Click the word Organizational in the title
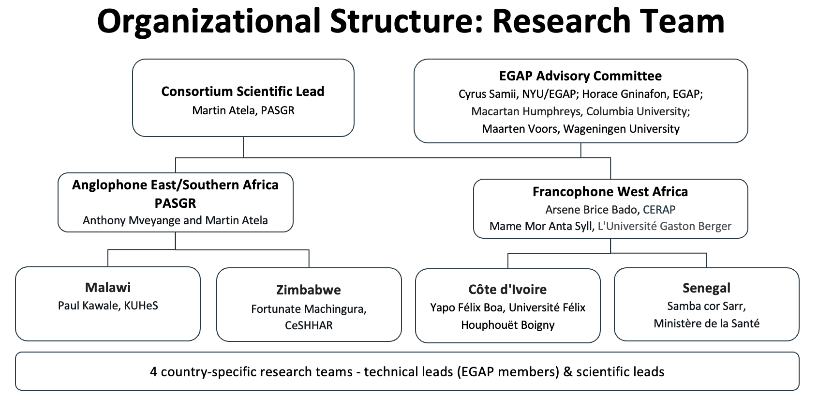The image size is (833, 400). tap(209, 21)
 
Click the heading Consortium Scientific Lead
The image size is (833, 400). tap(243, 91)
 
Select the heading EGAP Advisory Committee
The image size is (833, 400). tap(580, 76)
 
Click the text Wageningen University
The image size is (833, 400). tap(622, 129)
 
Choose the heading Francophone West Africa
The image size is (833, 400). tap(610, 192)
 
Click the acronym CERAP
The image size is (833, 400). tap(659, 210)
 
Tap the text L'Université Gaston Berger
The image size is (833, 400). tap(665, 226)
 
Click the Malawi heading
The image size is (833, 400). tap(108, 287)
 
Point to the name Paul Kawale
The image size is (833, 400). tap(88, 306)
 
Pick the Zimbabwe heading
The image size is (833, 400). tap(309, 290)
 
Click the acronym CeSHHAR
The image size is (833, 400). tap(309, 325)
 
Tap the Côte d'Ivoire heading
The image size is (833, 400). tap(507, 289)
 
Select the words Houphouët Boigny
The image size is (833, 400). tap(507, 325)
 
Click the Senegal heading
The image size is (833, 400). tap(706, 288)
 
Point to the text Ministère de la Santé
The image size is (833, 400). tap(706, 323)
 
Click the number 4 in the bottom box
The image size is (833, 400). tap(154, 372)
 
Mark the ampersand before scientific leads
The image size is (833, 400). tap(568, 372)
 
